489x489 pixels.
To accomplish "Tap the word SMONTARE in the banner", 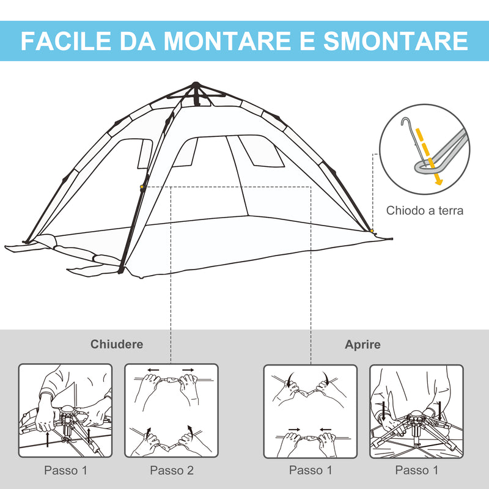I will pos(395,41).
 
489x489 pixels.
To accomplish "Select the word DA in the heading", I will pos(141,41).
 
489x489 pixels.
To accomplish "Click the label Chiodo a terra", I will pos(425,211).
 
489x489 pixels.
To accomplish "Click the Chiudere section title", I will pos(117,344).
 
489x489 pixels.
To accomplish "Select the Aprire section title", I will pos(362,344).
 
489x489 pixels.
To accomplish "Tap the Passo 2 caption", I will pos(172,471).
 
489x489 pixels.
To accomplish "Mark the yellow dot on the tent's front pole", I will pos(142,187).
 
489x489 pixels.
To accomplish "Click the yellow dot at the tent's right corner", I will pos(372,230).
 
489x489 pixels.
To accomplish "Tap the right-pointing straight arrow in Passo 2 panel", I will pos(188,370).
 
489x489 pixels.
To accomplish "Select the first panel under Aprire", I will pos(310,411).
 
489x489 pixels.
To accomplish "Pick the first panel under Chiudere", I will pos(65,411).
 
